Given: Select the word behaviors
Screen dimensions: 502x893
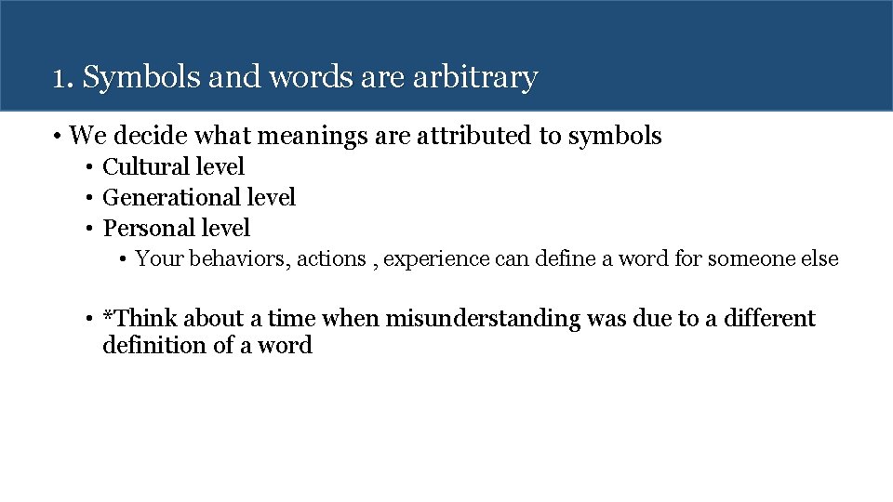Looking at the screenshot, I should click(240, 259).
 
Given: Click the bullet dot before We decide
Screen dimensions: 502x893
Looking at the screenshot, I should click(58, 138).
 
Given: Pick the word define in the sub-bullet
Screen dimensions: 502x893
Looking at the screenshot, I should click(566, 259).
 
